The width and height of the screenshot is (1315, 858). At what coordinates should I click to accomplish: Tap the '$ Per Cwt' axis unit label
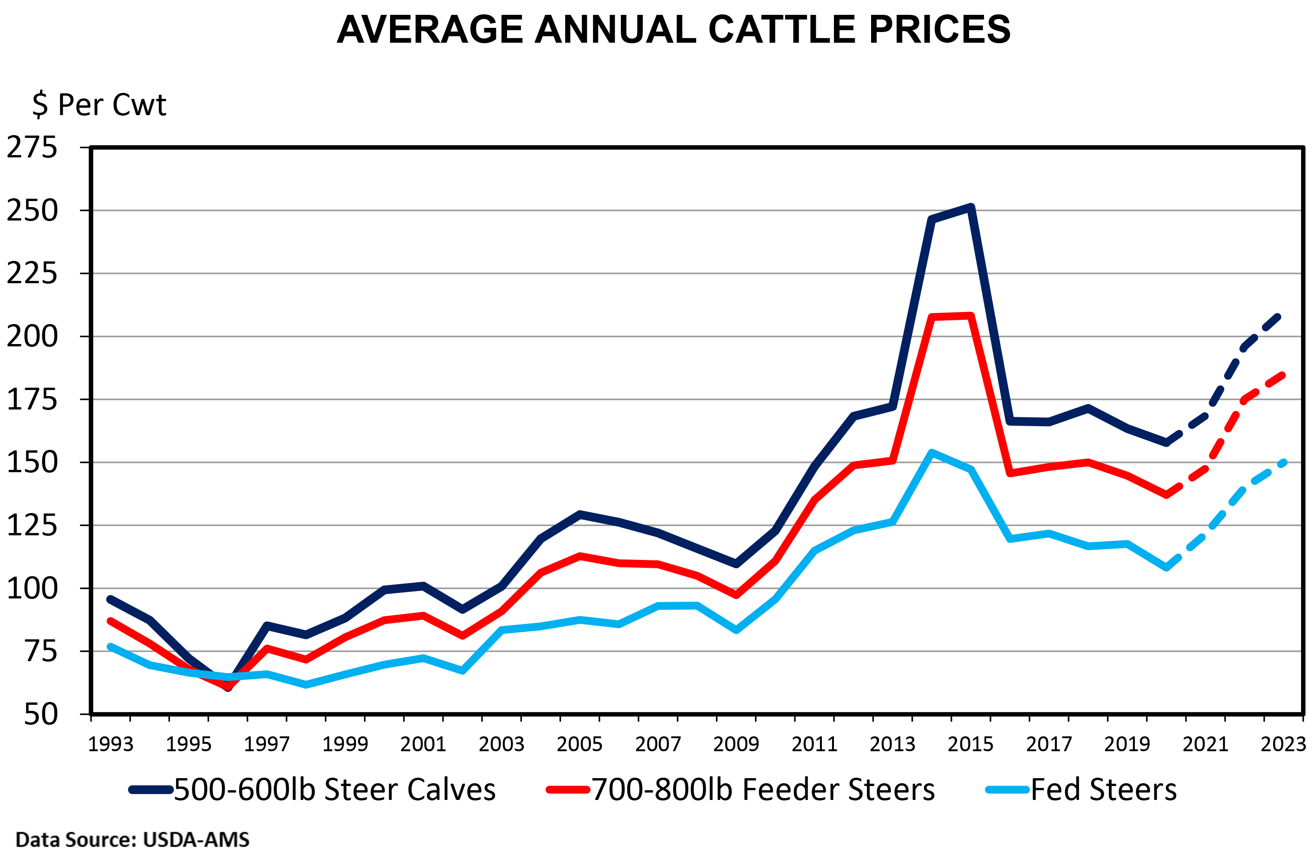coord(99,104)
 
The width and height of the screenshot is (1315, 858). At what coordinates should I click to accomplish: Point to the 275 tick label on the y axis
coord(32,148)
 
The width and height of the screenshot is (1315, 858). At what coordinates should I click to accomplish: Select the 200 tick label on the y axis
coord(32,337)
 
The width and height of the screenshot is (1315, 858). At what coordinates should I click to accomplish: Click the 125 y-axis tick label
coord(32,526)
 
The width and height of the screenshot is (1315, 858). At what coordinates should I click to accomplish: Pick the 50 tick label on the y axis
coord(40,715)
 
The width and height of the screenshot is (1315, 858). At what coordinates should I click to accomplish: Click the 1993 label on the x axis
coord(111,744)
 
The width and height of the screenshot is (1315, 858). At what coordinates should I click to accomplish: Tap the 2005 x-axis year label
coord(579,744)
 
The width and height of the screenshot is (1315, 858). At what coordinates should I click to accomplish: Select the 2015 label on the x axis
coord(970,744)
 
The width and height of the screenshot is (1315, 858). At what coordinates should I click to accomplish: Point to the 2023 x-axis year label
coord(1283,744)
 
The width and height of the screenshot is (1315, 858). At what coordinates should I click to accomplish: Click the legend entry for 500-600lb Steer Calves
coord(334,789)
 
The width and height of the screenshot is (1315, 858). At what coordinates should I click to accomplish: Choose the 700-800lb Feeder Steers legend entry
coord(762,789)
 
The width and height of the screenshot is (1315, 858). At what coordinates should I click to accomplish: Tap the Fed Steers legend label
coord(1103,789)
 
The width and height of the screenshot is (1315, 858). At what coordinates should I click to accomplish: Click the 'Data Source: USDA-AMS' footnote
coord(133,840)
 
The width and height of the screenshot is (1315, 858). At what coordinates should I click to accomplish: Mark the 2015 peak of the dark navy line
coord(971,207)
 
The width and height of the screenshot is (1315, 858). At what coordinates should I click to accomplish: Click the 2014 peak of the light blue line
coord(931,453)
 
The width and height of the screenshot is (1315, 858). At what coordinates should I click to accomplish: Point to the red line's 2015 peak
coord(971,315)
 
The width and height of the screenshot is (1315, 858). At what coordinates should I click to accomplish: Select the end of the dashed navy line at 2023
coord(1277,317)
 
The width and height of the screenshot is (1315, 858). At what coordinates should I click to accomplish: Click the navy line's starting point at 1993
coord(111,599)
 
